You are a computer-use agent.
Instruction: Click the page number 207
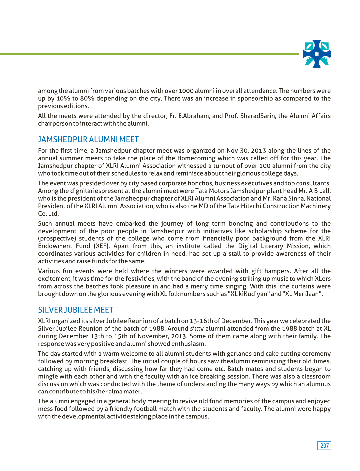point(324,446)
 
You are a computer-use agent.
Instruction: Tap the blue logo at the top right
point(317,54)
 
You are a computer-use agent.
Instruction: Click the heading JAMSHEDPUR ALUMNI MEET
point(88,140)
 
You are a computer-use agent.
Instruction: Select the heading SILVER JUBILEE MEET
point(75,310)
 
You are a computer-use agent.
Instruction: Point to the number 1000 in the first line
point(186,91)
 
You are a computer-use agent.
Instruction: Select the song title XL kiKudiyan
point(250,294)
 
